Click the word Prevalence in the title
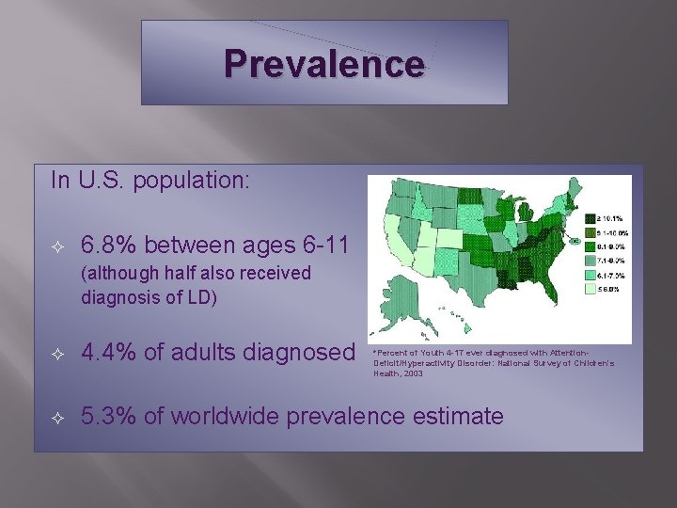pyautogui.click(x=324, y=64)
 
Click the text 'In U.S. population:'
pyautogui.click(x=150, y=180)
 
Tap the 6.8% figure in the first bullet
pyautogui.click(x=107, y=246)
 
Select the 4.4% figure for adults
pyautogui.click(x=107, y=353)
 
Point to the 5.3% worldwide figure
pyautogui.click(x=107, y=415)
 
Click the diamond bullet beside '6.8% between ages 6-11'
pyautogui.click(x=58, y=247)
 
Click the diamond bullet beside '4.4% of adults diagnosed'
pyautogui.click(x=58, y=354)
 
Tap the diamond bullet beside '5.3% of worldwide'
pyautogui.click(x=58, y=416)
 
